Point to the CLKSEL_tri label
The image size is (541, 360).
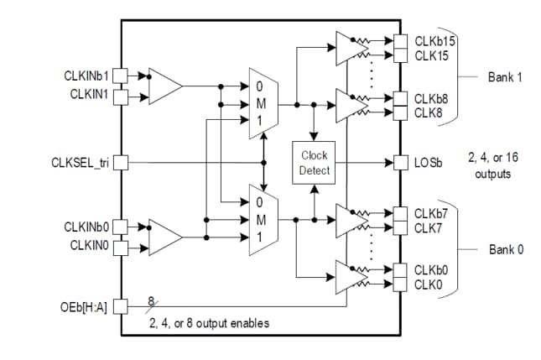tap(81, 162)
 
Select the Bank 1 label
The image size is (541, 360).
tap(506, 76)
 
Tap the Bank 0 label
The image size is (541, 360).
tap(506, 250)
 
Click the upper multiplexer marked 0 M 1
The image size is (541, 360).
tap(261, 103)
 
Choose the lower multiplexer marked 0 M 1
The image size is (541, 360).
tap(261, 220)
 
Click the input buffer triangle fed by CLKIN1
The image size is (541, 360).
tap(164, 85)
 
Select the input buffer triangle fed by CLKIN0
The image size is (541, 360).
tap(164, 237)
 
